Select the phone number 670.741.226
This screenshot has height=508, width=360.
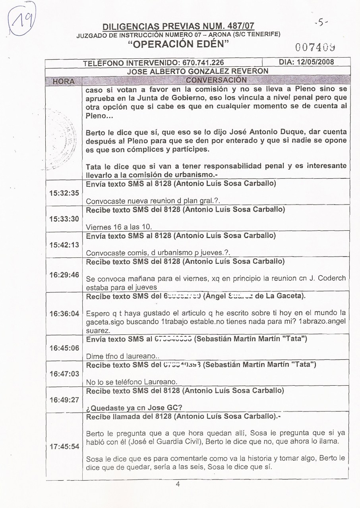coord(202,63)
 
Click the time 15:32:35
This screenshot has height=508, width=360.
coord(64,193)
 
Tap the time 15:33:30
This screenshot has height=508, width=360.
coord(64,219)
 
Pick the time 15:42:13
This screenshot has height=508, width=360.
coord(64,245)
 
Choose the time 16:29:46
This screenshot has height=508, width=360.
coord(64,275)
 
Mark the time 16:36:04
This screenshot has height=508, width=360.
coord(64,314)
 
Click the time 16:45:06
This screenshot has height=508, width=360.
coord(64,348)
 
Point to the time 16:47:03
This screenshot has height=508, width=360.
coord(64,374)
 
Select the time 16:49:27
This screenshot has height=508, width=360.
coord(64,400)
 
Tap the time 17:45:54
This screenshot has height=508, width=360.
coord(64,446)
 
